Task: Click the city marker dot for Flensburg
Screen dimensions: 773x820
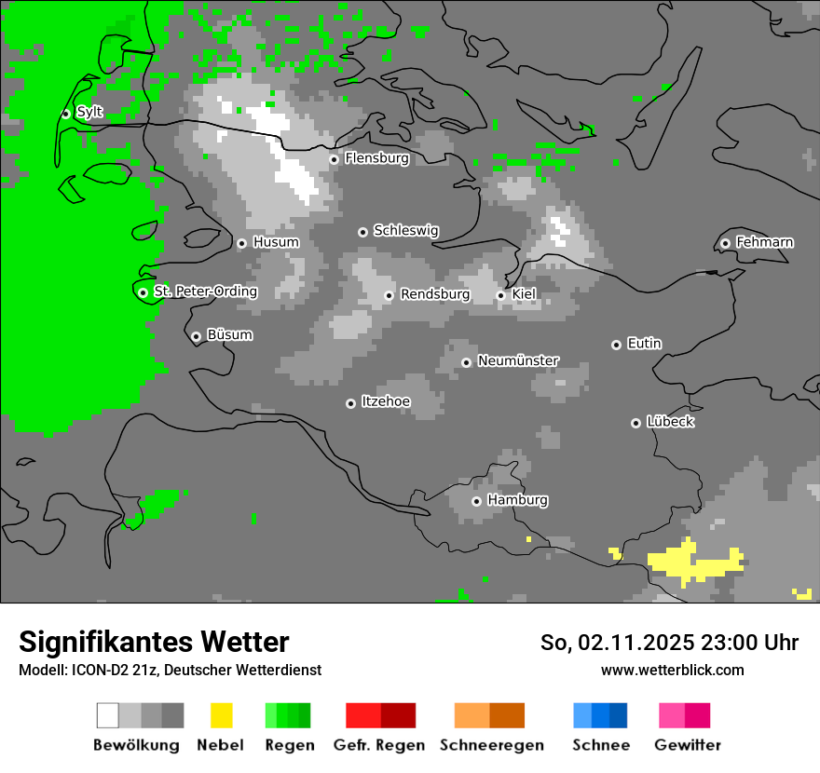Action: [x=334, y=159]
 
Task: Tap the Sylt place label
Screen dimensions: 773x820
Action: [x=89, y=112]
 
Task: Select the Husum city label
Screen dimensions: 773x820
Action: [x=276, y=242]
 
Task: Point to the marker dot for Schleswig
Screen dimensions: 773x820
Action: [x=362, y=232]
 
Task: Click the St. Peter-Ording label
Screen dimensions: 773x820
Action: [x=205, y=292]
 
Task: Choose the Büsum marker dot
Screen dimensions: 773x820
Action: [x=196, y=336]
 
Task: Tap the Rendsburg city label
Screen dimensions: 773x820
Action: [x=434, y=294]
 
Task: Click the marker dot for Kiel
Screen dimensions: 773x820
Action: [x=500, y=295]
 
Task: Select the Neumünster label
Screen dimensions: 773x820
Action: [x=518, y=360]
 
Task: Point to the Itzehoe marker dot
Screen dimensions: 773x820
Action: [x=350, y=403]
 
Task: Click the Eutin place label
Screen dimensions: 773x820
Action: [x=644, y=344]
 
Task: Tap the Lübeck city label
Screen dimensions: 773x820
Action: [x=670, y=422]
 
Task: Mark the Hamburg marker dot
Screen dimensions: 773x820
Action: [x=476, y=501]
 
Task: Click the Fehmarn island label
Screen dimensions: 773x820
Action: [x=764, y=242]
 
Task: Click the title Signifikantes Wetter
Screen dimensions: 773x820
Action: [x=154, y=642]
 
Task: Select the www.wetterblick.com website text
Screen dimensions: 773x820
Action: [x=672, y=670]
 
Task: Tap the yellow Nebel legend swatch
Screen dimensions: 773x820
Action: [x=221, y=715]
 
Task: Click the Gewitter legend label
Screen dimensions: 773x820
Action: [x=687, y=745]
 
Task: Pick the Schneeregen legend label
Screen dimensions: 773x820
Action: [x=491, y=745]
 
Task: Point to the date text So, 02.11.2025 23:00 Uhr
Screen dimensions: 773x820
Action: [x=669, y=643]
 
